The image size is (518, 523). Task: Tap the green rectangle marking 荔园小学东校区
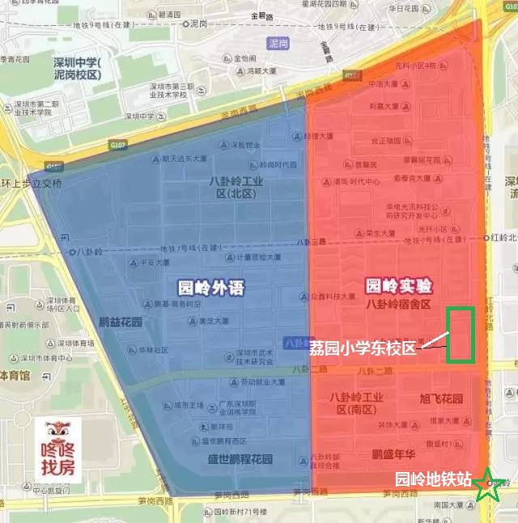(460, 334)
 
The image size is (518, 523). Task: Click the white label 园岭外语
(210, 287)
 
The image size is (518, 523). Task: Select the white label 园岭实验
(398, 286)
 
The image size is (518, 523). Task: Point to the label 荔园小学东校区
(362, 348)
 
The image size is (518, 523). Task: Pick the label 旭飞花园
(441, 399)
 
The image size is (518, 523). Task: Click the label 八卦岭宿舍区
(398, 304)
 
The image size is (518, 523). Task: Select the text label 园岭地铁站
(432, 479)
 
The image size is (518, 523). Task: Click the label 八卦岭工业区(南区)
(357, 403)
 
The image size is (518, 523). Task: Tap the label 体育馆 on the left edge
(15, 375)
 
